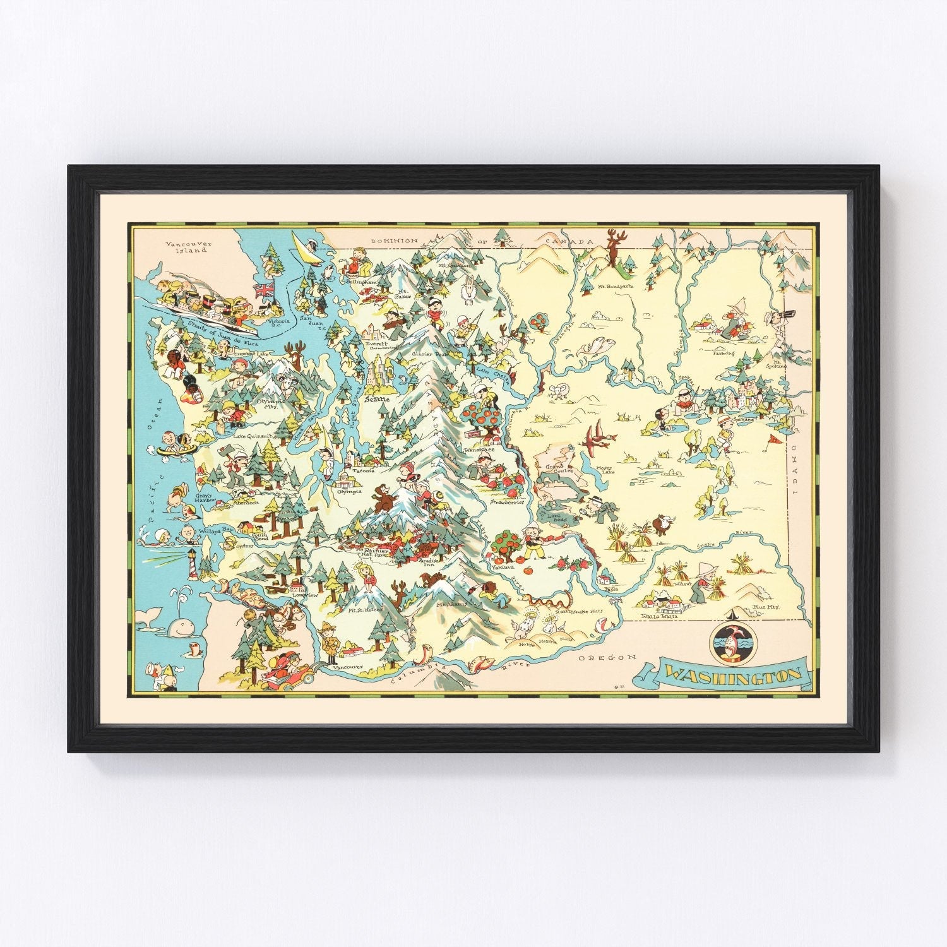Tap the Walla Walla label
click(658, 616)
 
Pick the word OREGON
click(599, 658)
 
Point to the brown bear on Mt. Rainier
click(381, 499)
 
